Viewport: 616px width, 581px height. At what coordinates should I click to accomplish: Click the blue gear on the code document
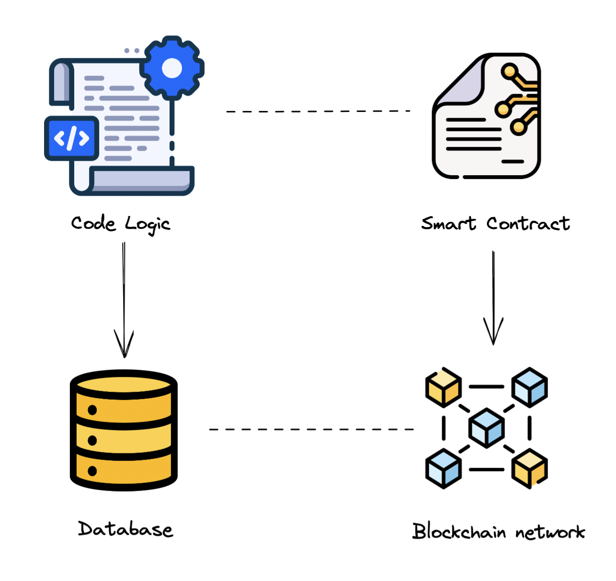tap(172, 68)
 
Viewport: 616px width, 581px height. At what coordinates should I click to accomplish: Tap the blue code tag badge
tap(72, 138)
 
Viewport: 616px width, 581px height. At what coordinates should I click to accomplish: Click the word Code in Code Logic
tap(93, 223)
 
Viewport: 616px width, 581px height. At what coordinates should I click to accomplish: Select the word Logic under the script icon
tap(148, 224)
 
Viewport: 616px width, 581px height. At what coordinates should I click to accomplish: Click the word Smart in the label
tap(448, 223)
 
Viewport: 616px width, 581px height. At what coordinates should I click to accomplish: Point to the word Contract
tap(528, 223)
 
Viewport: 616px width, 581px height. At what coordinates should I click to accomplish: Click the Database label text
tap(125, 529)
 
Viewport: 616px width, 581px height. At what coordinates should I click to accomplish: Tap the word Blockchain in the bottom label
tap(459, 531)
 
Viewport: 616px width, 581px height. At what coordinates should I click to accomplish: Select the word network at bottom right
tap(550, 532)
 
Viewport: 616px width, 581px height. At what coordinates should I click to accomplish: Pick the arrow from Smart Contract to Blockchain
tap(493, 297)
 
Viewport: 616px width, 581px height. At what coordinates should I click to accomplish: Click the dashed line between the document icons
tap(318, 111)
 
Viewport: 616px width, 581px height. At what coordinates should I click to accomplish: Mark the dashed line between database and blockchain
tap(311, 429)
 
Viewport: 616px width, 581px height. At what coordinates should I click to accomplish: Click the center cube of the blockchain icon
tap(486, 428)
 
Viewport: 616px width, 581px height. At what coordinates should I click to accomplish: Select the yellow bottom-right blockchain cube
tap(529, 469)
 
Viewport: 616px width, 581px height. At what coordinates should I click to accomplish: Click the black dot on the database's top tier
tap(92, 410)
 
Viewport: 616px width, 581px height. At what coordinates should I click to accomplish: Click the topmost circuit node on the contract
tap(510, 72)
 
